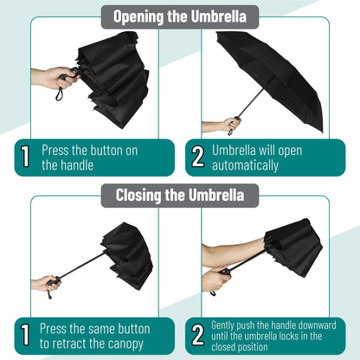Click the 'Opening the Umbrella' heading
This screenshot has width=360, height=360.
[x=180, y=16]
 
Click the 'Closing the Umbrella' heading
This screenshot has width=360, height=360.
[x=180, y=195]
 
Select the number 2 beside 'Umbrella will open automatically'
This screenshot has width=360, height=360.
[x=197, y=157]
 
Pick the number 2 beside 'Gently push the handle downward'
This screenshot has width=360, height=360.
[x=197, y=337]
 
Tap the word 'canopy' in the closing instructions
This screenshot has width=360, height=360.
[x=128, y=344]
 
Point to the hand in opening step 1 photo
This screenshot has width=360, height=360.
[x=54, y=78]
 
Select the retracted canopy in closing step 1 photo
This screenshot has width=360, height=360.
[x=125, y=253]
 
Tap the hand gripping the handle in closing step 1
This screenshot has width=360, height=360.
[x=46, y=283]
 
